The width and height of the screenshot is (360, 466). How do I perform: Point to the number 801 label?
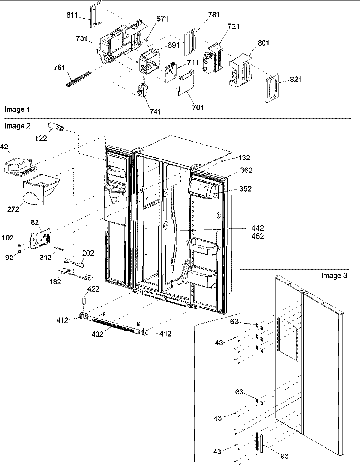tap(263, 43)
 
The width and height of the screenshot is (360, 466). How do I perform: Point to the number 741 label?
tap(155, 112)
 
